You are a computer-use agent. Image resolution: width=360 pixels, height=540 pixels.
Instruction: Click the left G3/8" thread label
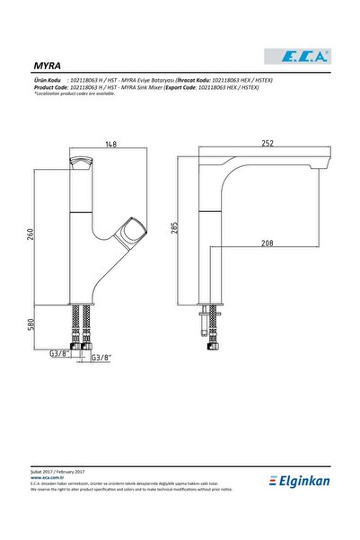click(60, 355)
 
